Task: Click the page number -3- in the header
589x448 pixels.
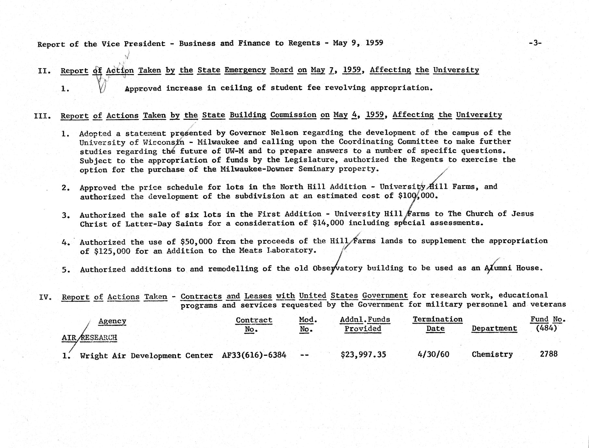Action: [535, 43]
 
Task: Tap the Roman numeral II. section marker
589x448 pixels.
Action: [44, 71]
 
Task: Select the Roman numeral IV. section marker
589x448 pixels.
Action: [45, 297]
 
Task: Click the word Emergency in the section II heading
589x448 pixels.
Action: [245, 70]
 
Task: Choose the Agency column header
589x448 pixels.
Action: [112, 321]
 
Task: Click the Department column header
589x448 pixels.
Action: [494, 328]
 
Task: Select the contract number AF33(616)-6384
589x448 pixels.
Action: [254, 355]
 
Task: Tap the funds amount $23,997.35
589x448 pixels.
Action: [363, 355]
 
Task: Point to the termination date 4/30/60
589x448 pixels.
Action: [433, 354]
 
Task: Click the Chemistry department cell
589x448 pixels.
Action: [492, 354]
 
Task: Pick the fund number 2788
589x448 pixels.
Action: [549, 354]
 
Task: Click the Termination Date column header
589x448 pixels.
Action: [437, 324]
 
